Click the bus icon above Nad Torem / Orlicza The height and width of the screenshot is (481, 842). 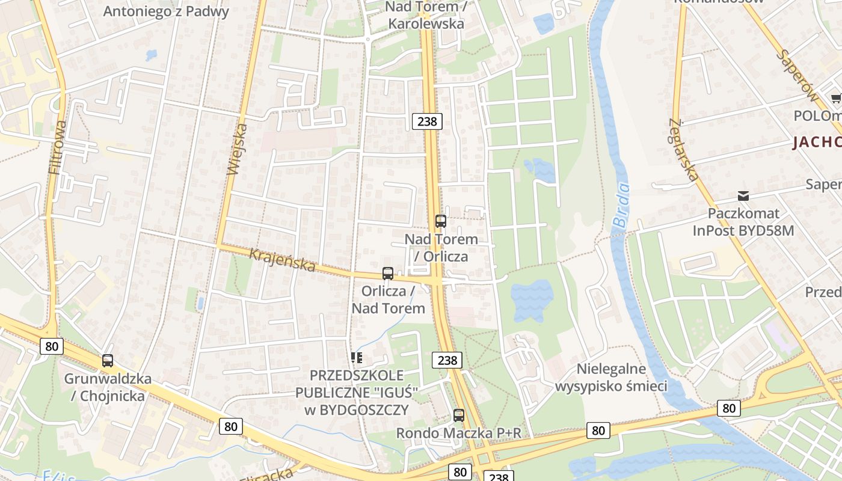click(x=441, y=221)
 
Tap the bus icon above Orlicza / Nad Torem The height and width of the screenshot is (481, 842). click(x=388, y=274)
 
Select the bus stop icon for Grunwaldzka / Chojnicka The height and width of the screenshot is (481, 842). click(x=108, y=361)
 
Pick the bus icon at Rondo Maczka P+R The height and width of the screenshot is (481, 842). click(x=459, y=415)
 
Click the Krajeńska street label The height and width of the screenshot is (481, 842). click(x=282, y=261)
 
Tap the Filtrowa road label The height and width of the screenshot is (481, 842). click(x=58, y=147)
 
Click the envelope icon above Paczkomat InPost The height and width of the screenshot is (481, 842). click(x=743, y=196)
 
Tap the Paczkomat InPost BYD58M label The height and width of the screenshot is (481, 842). click(x=743, y=222)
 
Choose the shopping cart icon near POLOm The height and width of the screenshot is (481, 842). click(x=836, y=98)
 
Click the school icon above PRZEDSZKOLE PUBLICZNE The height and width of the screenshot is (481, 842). click(x=357, y=358)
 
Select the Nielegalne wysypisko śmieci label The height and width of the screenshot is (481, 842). click(x=611, y=377)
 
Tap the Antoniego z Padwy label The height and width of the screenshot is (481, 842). click(x=166, y=11)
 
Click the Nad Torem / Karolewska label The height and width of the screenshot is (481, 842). click(x=426, y=16)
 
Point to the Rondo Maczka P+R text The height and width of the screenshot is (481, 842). click(x=458, y=433)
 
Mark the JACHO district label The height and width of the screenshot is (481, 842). click(x=817, y=142)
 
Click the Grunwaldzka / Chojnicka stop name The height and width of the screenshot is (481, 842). click(x=108, y=387)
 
